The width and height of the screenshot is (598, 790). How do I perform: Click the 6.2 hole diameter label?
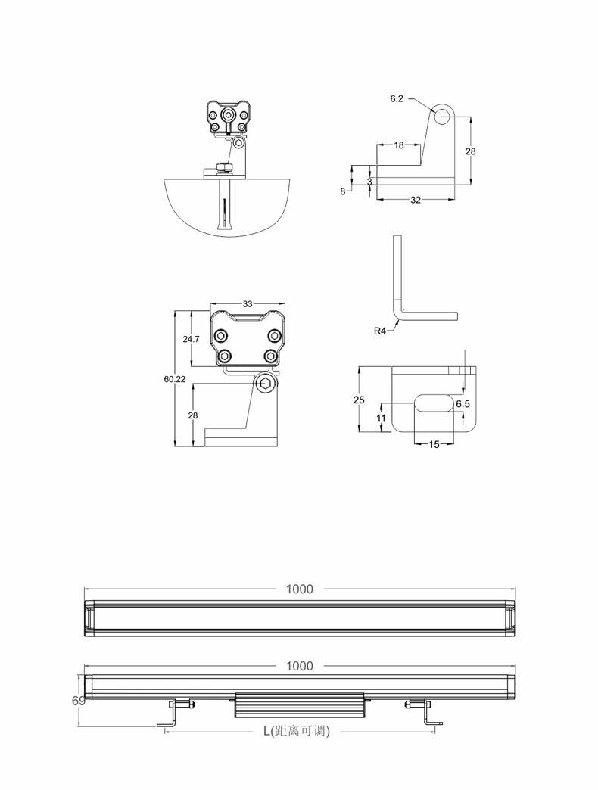tap(397, 98)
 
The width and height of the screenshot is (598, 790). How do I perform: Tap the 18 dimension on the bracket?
tap(398, 145)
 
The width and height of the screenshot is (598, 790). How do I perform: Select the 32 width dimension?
tap(415, 200)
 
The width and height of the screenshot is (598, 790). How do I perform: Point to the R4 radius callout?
tap(380, 331)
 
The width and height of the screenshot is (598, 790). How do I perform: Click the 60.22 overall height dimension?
tap(174, 379)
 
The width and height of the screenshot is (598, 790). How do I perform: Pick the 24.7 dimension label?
tap(191, 339)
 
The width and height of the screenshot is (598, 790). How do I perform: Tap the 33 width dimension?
tap(248, 303)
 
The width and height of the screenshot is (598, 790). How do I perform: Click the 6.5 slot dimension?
tap(463, 403)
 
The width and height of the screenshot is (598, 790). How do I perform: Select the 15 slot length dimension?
tap(434, 444)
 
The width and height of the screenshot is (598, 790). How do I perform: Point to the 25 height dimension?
tap(359, 400)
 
